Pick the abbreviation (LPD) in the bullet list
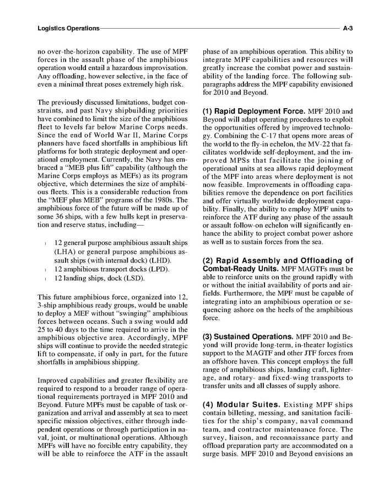158,269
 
